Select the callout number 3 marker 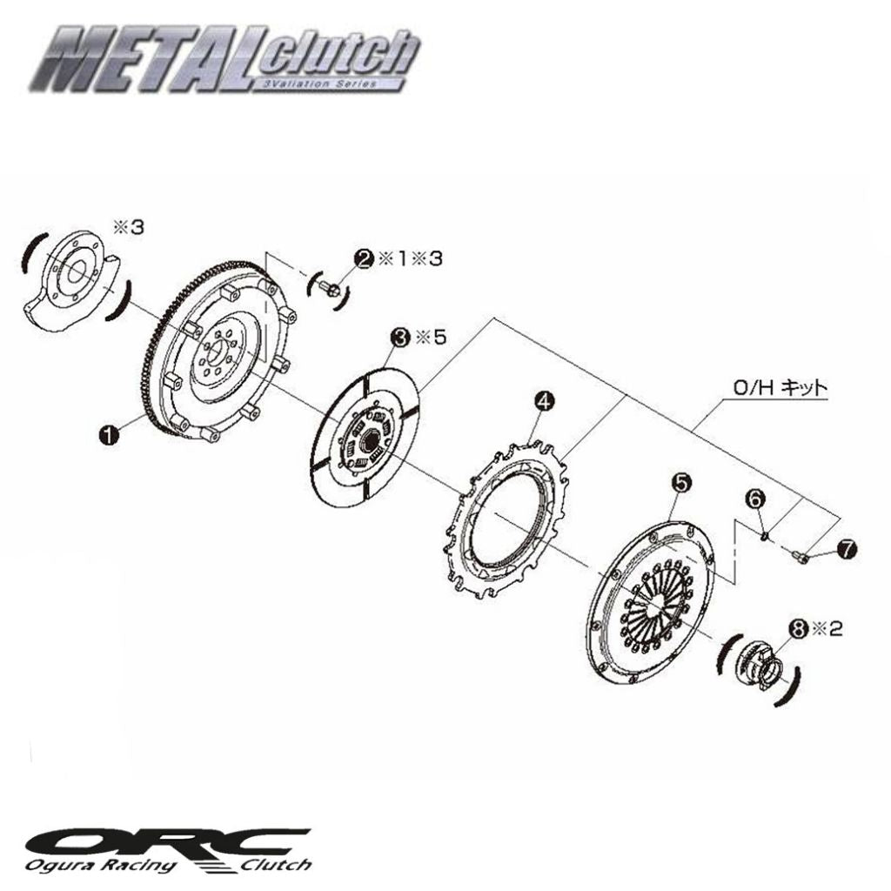[x=400, y=336]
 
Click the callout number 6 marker [x=754, y=499]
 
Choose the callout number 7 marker [x=846, y=548]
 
